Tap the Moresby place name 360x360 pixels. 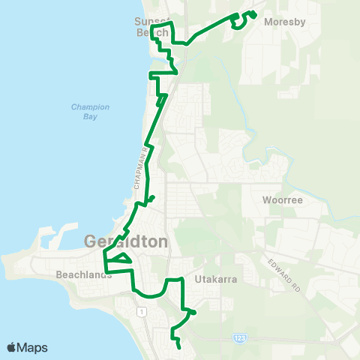[x=285, y=22]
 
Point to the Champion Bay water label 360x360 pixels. [x=90, y=112]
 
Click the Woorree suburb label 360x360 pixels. [x=282, y=200]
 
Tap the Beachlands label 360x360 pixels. [x=84, y=274]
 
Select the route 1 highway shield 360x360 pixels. [x=139, y=309]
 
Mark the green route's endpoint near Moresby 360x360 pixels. [x=254, y=13]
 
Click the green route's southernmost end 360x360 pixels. [x=180, y=347]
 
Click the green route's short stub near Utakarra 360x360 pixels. [x=193, y=312]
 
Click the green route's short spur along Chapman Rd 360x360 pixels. [x=152, y=198]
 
